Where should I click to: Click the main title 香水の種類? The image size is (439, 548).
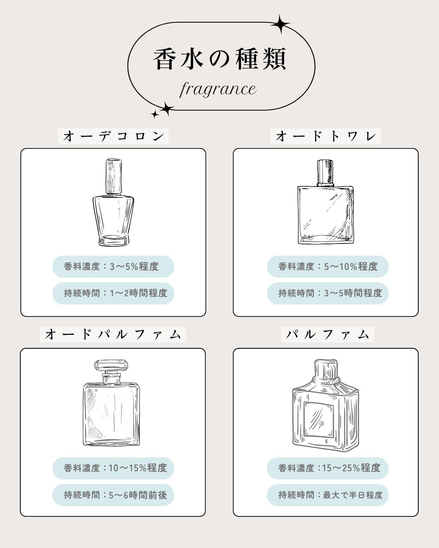(x=220, y=59)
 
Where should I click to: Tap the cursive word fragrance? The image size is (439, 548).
(x=218, y=88)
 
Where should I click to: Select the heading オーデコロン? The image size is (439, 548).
(x=113, y=136)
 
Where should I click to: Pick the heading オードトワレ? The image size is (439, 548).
(x=326, y=136)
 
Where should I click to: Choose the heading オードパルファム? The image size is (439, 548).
(x=113, y=334)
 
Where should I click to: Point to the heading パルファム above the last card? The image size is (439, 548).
(x=328, y=334)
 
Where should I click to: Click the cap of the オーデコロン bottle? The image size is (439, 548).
(x=114, y=176)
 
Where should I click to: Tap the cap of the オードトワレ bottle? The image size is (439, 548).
(x=325, y=172)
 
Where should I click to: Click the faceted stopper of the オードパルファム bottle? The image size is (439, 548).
(x=111, y=365)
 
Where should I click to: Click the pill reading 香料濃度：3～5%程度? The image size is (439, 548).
(x=113, y=267)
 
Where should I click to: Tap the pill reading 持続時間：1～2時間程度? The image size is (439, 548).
(x=113, y=293)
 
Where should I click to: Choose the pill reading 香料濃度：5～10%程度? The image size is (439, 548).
(x=328, y=267)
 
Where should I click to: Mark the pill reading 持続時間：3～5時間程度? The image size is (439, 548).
(x=328, y=293)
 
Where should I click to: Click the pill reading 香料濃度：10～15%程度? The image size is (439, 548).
(x=113, y=468)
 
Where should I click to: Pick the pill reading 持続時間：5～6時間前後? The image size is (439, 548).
(x=113, y=495)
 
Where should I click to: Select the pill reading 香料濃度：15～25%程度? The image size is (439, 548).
(x=328, y=468)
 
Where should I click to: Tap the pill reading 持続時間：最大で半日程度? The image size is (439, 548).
(x=328, y=495)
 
